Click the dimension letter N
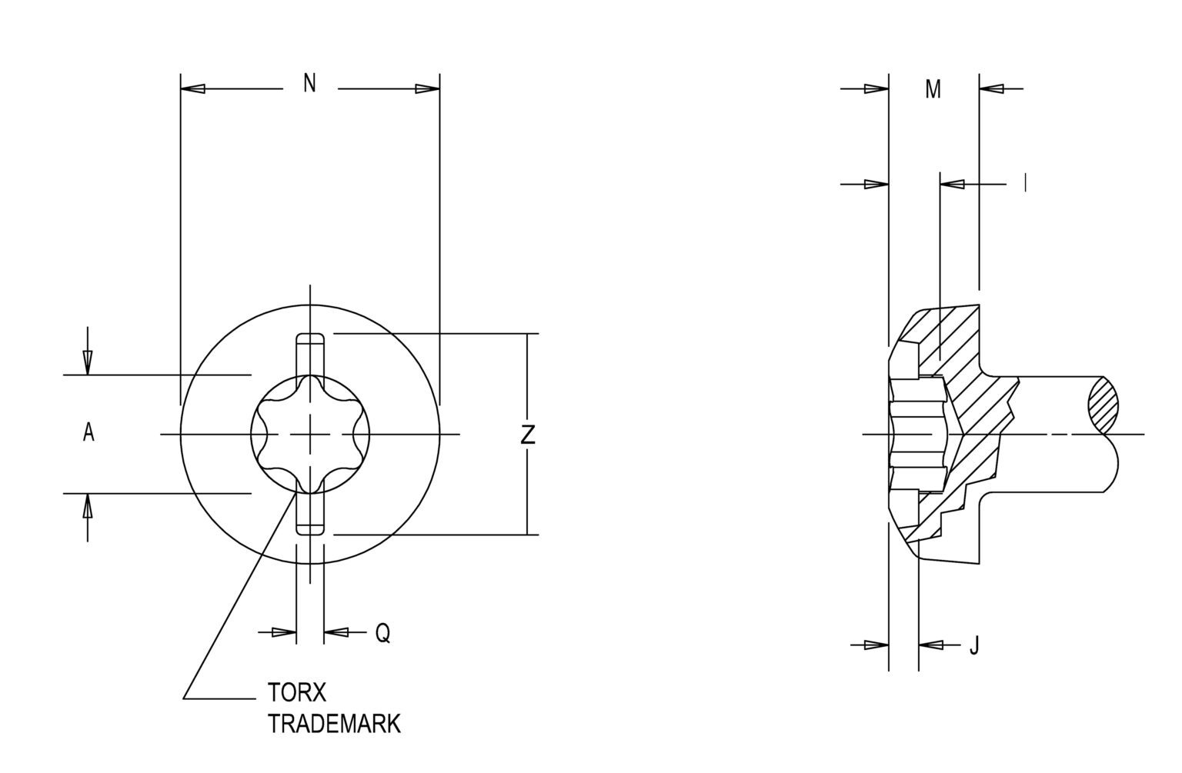309,83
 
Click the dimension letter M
933,90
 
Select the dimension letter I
1024,183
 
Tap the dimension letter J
974,645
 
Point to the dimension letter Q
382,633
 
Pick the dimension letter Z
527,435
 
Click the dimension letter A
88,433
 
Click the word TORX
297,693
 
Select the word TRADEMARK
334,725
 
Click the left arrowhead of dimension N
193,89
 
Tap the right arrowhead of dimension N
427,89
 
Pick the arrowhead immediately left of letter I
953,184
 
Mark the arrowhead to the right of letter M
992,89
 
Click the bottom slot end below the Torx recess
310,527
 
